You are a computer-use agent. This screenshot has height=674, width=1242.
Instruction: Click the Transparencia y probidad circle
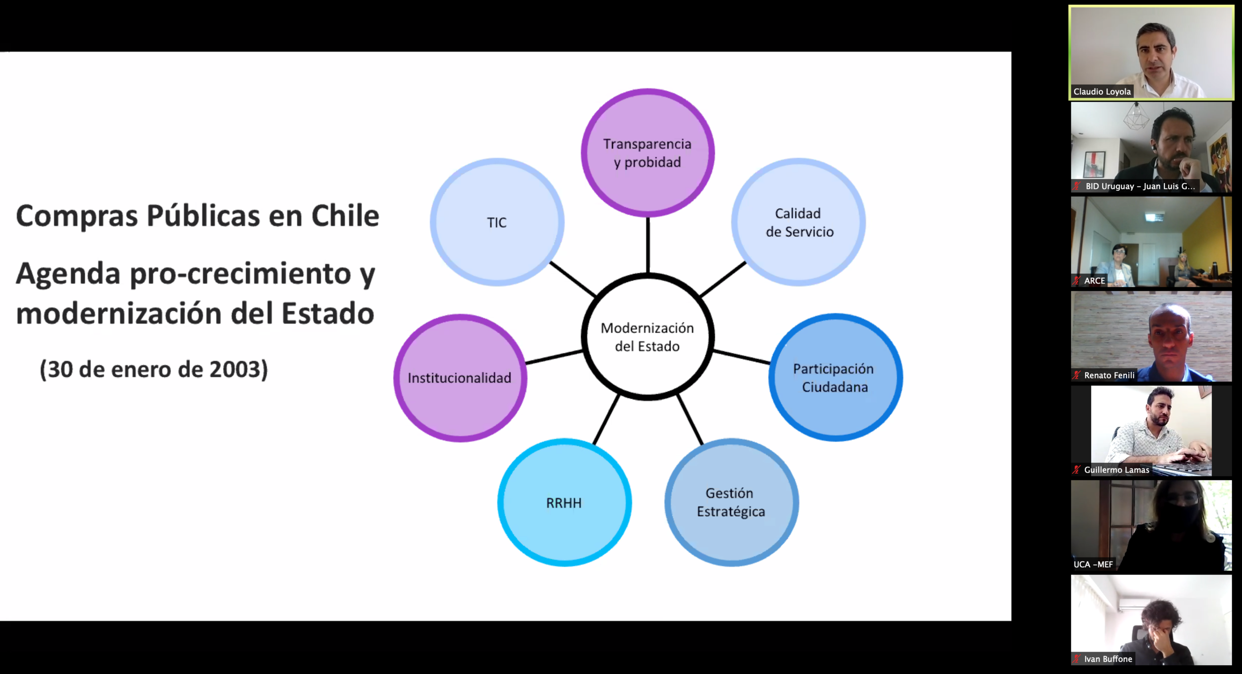(648, 152)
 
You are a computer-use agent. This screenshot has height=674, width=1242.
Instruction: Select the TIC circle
(497, 222)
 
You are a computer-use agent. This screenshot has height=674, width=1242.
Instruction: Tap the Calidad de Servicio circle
(799, 222)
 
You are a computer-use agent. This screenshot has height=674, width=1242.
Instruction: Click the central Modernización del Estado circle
(648, 337)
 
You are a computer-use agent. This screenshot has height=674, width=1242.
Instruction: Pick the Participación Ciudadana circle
(835, 377)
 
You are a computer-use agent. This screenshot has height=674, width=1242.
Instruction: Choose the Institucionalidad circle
(460, 378)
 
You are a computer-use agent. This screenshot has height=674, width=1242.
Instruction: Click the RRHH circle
(564, 503)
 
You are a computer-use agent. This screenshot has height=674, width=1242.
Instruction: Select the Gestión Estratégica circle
(731, 503)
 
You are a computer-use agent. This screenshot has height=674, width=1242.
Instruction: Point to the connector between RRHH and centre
(606, 419)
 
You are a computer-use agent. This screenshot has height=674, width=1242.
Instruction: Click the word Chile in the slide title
(345, 216)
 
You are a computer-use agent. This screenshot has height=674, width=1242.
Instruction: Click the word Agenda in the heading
(68, 273)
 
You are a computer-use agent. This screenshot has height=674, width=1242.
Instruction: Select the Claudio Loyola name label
(1102, 91)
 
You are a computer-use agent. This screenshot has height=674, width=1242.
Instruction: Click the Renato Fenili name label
(1109, 375)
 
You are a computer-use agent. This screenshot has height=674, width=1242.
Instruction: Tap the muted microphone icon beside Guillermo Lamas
(1077, 470)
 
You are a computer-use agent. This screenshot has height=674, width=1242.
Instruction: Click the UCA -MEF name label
(1093, 564)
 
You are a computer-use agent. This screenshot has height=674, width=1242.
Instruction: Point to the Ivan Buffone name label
(1108, 659)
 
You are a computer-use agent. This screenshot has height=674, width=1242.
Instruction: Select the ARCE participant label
(1094, 280)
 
